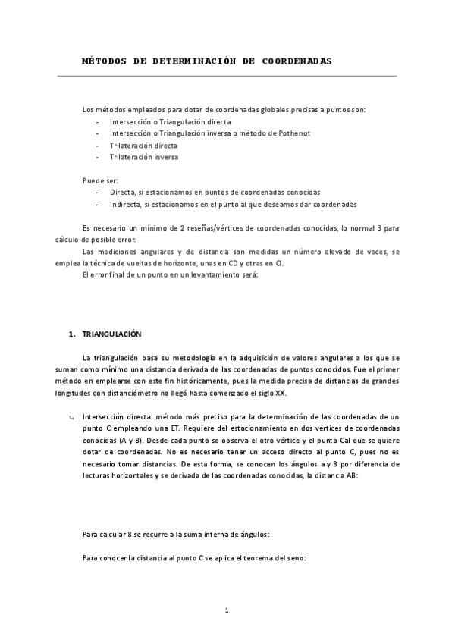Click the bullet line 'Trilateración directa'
tap(143, 145)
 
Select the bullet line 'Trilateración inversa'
tap(144, 157)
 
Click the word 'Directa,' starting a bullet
tap(123, 193)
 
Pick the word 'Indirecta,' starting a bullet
tap(126, 205)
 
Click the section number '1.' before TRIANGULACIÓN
tap(72, 334)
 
